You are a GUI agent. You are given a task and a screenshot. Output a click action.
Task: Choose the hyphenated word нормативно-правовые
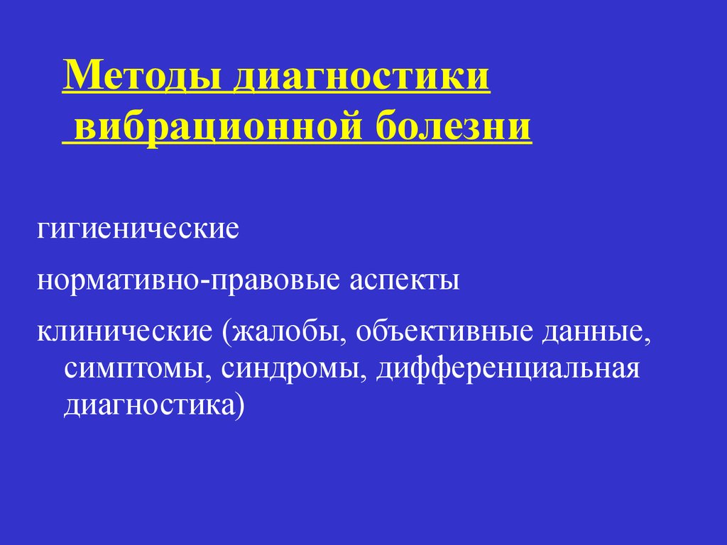[x=189, y=281]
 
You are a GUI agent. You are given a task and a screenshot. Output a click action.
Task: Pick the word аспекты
[x=404, y=281]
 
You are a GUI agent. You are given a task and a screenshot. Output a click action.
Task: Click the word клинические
[x=125, y=331]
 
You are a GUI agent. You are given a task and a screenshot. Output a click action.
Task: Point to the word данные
[x=593, y=332]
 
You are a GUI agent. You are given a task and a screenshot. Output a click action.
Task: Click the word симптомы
[x=134, y=370]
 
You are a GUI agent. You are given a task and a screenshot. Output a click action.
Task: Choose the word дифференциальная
[x=508, y=369]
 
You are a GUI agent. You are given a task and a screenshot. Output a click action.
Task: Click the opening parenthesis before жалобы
[x=226, y=332]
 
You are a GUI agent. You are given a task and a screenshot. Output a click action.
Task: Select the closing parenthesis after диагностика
[x=240, y=406]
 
